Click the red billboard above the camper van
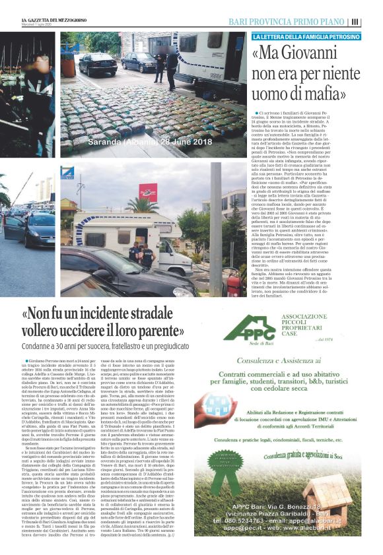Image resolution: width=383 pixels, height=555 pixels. (147, 191)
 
